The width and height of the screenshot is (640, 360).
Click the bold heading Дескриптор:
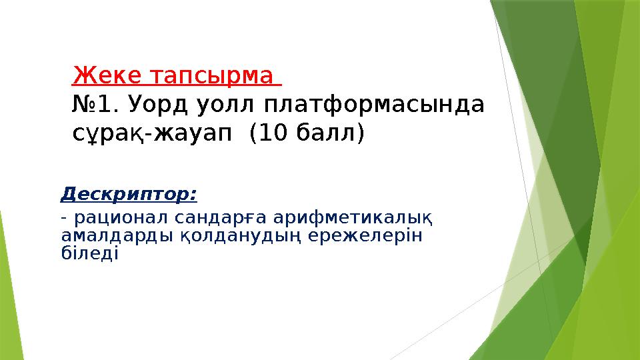pyautogui.click(x=129, y=195)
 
